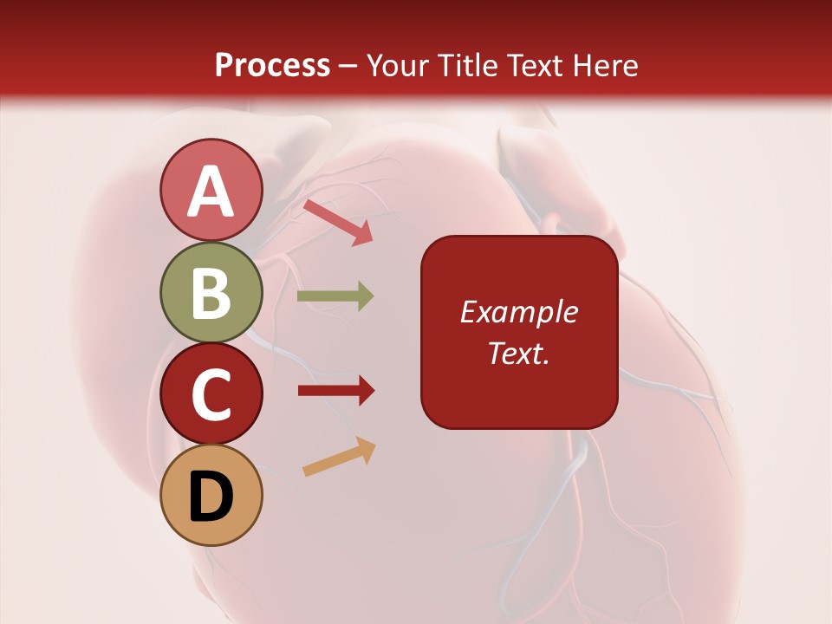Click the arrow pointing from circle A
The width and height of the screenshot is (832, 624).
click(x=337, y=221)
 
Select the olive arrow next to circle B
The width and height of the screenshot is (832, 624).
click(x=335, y=296)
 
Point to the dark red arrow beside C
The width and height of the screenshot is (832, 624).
click(x=335, y=391)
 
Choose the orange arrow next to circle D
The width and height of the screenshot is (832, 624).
click(x=339, y=457)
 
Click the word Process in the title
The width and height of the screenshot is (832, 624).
click(x=272, y=65)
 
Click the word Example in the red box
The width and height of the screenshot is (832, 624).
click(x=518, y=312)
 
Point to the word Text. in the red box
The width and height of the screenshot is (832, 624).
click(x=518, y=353)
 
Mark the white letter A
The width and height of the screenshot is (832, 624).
click(x=211, y=192)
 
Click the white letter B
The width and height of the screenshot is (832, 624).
click(x=211, y=293)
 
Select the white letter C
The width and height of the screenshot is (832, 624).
click(x=211, y=395)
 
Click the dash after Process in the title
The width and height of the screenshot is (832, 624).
click(x=348, y=66)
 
